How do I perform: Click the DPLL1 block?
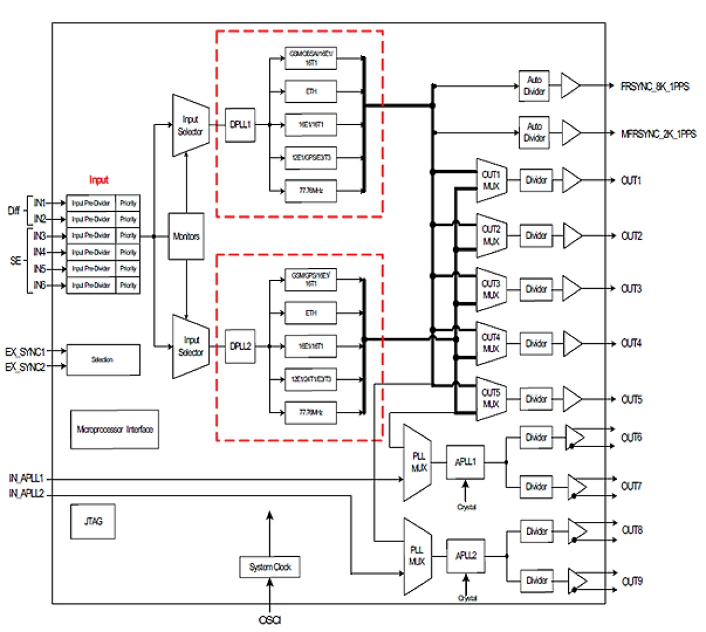point(240,125)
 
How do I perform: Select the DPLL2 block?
point(240,346)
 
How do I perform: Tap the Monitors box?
point(186,237)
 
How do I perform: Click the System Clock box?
point(270,567)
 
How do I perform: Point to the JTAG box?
point(93,521)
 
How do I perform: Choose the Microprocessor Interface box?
point(115,429)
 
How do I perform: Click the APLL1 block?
point(465,462)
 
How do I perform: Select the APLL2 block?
point(465,556)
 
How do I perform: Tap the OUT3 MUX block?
point(491,289)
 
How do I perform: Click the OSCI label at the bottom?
point(270,620)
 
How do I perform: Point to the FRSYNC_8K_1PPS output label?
point(655,87)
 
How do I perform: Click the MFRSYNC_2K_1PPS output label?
point(658,134)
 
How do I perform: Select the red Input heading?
point(98,180)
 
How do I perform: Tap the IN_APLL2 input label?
point(26,493)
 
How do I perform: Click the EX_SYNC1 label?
point(25,352)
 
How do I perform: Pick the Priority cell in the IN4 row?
point(128,252)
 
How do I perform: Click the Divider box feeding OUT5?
point(536,399)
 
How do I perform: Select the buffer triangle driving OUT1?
point(571,180)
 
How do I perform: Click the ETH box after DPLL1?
point(311,91)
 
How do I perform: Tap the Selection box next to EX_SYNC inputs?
point(103,360)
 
